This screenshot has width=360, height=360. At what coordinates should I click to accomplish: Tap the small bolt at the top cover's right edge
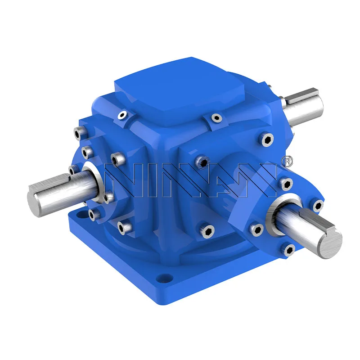click(217, 118)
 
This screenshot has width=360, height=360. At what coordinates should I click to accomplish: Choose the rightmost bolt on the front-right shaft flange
click(318, 206)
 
